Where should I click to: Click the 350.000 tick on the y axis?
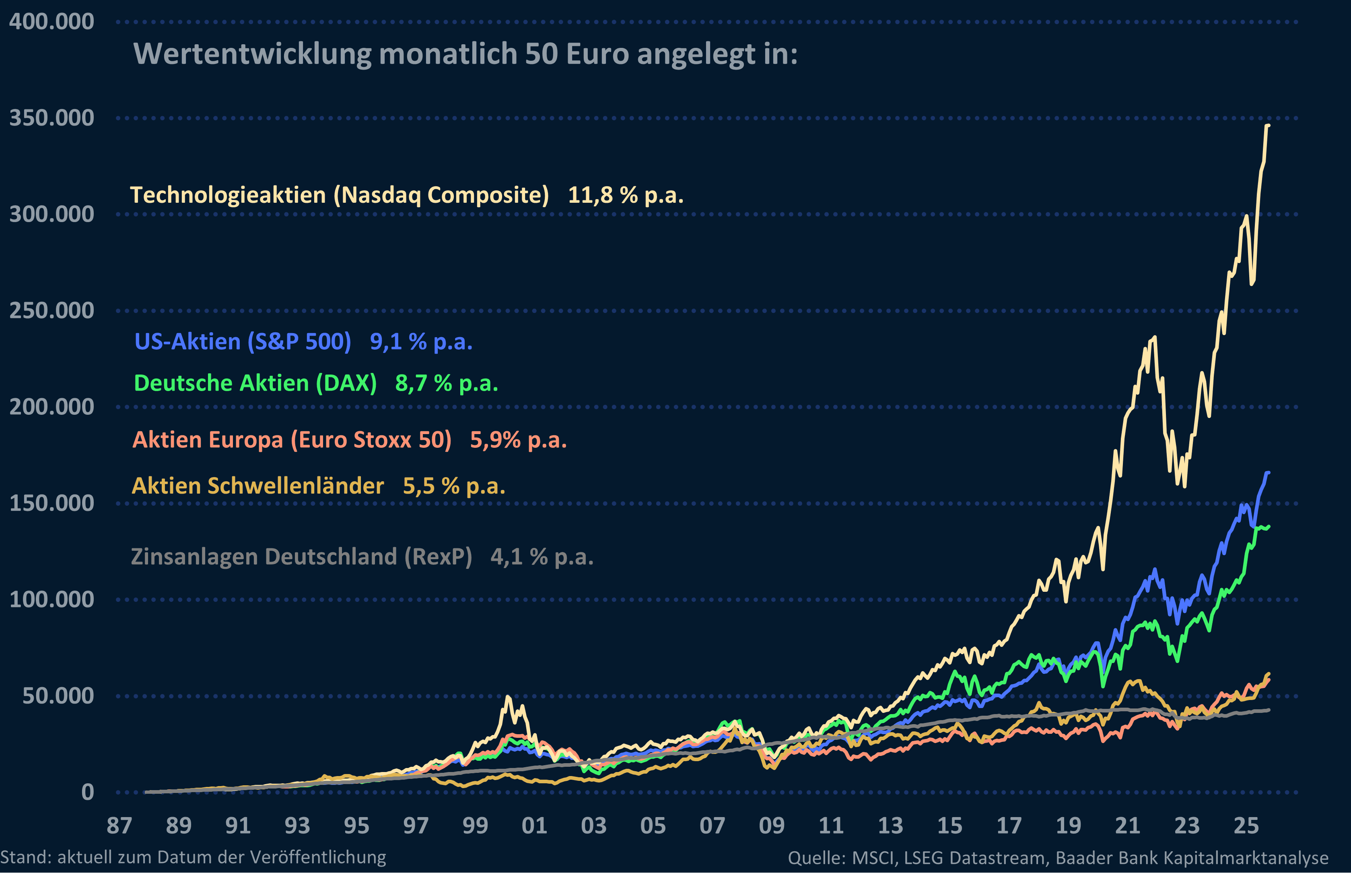tap(51, 118)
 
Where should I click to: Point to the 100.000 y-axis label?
tap(51, 599)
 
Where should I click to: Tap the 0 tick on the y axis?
tap(87, 792)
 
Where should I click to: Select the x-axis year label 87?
tap(119, 826)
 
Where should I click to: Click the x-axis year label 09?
tap(772, 826)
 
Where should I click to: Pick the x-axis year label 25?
tap(1246, 826)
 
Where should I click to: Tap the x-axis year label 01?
tap(534, 826)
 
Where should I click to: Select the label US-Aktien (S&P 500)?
tap(243, 341)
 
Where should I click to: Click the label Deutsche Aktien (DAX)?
tap(255, 383)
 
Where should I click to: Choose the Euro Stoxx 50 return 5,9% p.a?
tap(518, 440)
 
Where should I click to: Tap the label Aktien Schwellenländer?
tap(258, 486)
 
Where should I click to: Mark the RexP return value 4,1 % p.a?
tap(542, 557)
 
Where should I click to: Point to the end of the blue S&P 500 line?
tap(1268, 473)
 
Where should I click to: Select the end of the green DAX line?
tap(1268, 527)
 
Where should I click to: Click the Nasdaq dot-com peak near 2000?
tap(508, 697)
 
